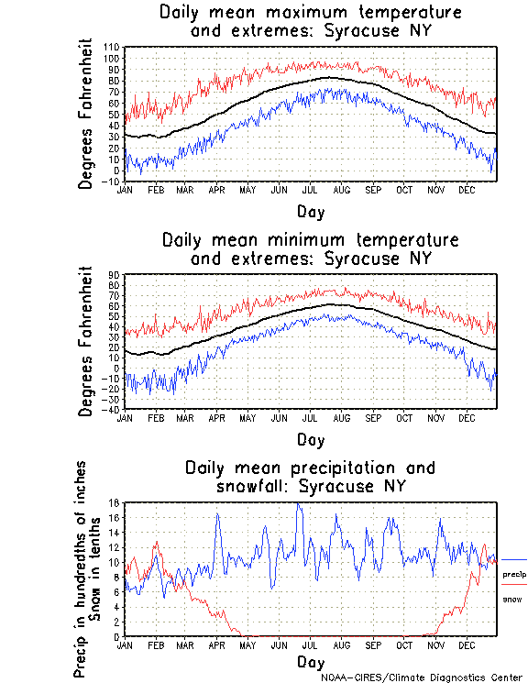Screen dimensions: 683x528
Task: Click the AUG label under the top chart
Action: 341,190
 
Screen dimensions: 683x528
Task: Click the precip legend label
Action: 515,573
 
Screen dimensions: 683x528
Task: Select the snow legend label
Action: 511,599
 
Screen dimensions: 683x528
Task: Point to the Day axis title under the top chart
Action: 310,212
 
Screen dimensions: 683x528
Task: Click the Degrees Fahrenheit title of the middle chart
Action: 86,341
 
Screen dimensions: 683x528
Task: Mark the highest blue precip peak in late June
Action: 298,504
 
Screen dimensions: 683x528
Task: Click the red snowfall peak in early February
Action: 157,543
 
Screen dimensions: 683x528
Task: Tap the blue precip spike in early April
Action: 217,514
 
